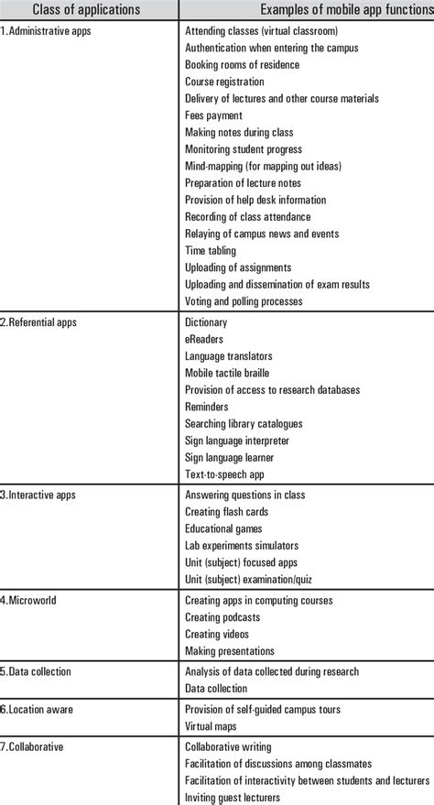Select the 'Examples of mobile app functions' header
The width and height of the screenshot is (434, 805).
tap(346, 10)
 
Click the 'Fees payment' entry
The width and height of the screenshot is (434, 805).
tap(213, 115)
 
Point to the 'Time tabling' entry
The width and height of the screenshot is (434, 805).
tap(211, 251)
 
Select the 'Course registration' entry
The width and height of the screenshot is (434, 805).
tap(224, 82)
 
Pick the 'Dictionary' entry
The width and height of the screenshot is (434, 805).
tap(206, 322)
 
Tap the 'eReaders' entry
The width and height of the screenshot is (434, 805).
tap(204, 339)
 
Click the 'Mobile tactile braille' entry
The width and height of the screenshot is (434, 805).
tap(227, 373)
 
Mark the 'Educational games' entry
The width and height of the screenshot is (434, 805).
tap(223, 528)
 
